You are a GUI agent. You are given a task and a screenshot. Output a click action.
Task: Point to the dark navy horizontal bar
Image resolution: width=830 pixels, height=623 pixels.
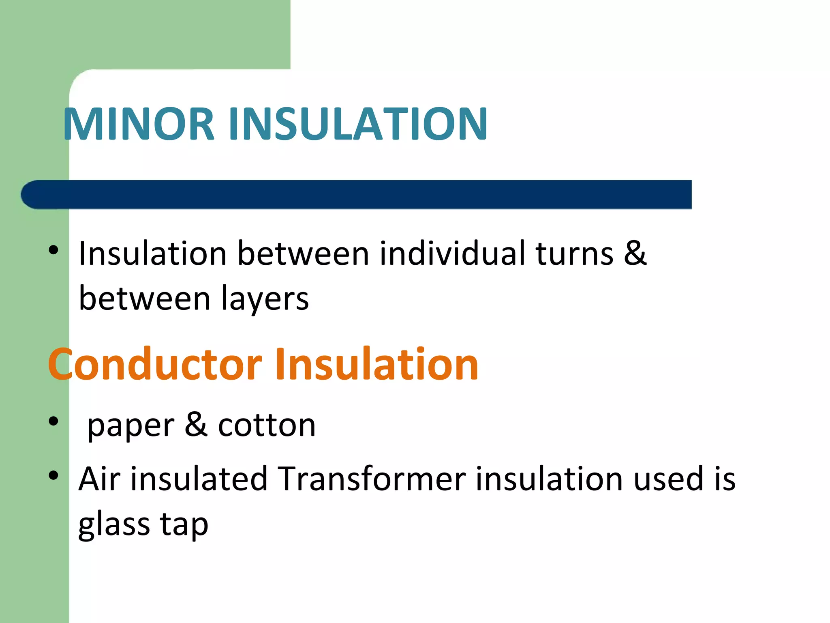click(x=357, y=195)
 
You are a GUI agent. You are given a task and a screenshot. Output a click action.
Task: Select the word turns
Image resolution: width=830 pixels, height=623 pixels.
click(x=574, y=253)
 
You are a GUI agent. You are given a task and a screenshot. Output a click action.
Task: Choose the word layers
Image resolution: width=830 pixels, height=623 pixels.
click(x=265, y=299)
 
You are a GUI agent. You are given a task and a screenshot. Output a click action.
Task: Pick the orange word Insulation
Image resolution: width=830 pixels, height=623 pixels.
click(x=376, y=364)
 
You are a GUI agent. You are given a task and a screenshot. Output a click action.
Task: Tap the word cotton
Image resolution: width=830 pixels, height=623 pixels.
click(x=267, y=425)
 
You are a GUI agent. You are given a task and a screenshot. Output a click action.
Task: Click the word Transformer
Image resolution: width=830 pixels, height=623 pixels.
click(x=372, y=479)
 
